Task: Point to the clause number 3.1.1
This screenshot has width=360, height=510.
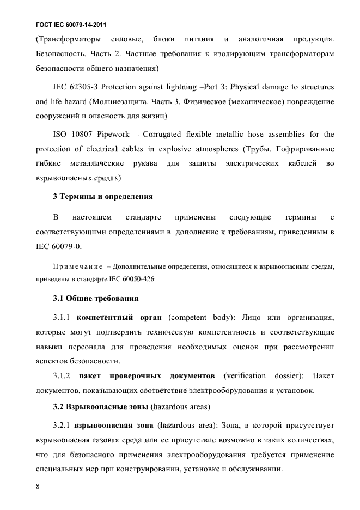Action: pos(62,317)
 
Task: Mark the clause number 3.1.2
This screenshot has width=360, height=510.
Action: pos(62,376)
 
